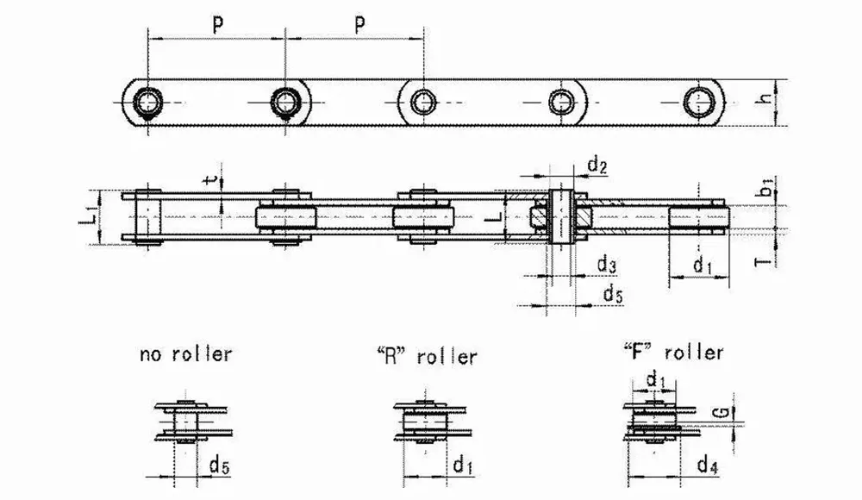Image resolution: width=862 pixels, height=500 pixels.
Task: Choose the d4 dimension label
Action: point(706,466)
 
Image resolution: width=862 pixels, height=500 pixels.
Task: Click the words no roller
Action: point(184,354)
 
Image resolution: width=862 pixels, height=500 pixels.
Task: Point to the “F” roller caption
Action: point(673,352)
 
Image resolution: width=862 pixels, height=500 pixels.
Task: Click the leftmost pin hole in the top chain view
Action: point(148,103)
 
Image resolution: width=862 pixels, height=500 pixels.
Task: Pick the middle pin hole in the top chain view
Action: point(422,103)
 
